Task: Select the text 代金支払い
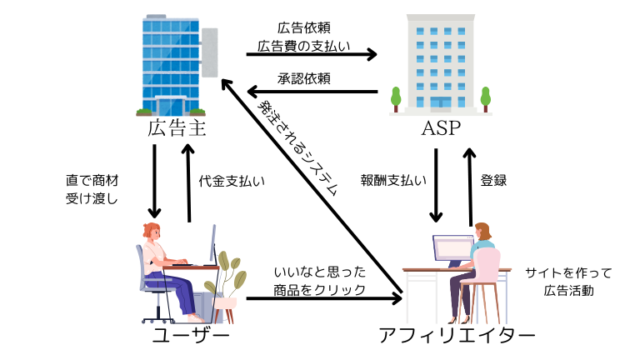(231, 182)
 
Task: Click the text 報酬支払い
(394, 182)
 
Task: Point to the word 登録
(493, 182)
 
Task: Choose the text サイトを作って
(568, 272)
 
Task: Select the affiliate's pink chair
(486, 275)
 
